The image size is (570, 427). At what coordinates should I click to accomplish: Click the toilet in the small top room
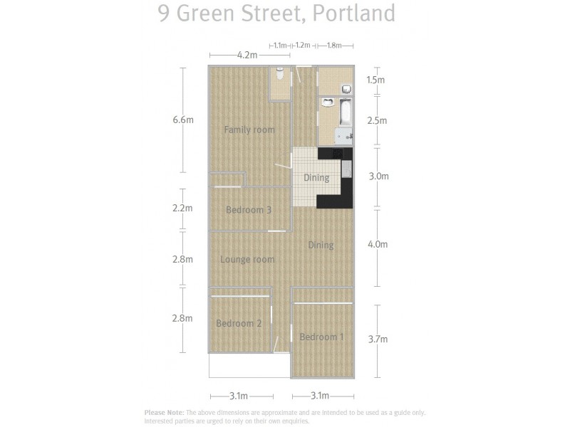click(281, 73)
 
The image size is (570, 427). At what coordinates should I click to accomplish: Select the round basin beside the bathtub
click(328, 102)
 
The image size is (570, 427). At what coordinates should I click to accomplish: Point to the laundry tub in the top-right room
click(346, 89)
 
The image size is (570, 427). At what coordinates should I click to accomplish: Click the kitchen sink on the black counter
click(346, 169)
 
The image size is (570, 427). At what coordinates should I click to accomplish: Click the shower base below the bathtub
click(344, 137)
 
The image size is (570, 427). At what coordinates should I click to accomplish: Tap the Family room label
click(249, 130)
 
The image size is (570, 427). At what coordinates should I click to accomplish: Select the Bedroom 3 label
click(249, 210)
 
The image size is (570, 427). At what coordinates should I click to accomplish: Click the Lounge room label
click(247, 260)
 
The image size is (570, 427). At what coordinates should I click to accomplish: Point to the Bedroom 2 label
click(239, 323)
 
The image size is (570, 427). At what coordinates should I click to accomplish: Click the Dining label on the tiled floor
click(316, 178)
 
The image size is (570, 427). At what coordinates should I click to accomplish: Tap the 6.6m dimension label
click(183, 120)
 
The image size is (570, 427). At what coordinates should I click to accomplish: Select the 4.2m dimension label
click(247, 55)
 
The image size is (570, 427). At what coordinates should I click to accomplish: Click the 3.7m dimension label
click(377, 339)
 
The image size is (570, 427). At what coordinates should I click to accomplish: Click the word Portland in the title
click(361, 14)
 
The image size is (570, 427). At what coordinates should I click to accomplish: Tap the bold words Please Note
click(164, 412)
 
